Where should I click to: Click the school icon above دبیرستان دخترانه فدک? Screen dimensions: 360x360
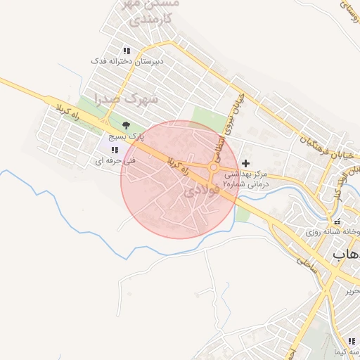[x=127, y=51]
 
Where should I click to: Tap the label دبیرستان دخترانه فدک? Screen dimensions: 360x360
[x=127, y=62]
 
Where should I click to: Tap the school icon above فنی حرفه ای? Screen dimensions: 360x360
[x=115, y=150]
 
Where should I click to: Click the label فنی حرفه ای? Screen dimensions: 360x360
[x=114, y=161]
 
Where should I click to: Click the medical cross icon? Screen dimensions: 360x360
[x=245, y=163]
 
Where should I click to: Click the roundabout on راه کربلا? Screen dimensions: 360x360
[x=214, y=167]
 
